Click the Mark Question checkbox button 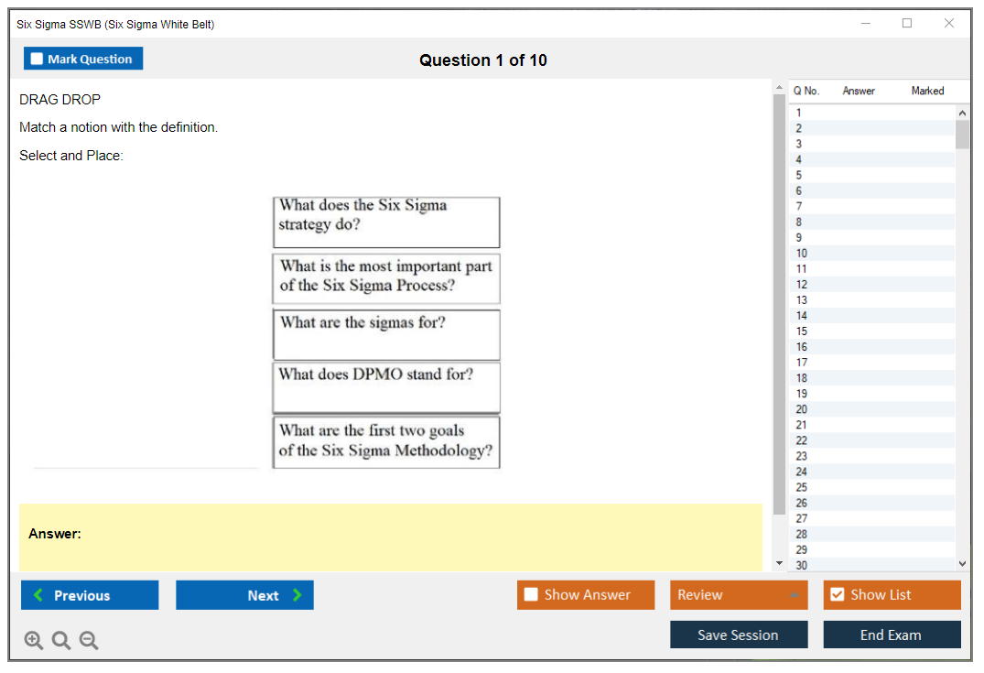click(83, 59)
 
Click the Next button click(244, 595)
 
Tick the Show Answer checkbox click(531, 594)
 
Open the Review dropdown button click(739, 595)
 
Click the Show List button click(892, 595)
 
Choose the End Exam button click(892, 635)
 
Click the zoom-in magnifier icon click(33, 640)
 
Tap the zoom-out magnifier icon click(89, 640)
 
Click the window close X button click(949, 23)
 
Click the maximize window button click(907, 23)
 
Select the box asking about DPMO click(386, 388)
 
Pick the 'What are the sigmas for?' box click(386, 335)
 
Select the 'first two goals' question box click(386, 442)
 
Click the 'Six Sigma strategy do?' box click(386, 223)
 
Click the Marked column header click(927, 91)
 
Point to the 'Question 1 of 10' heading click(483, 60)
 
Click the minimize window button click(866, 23)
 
